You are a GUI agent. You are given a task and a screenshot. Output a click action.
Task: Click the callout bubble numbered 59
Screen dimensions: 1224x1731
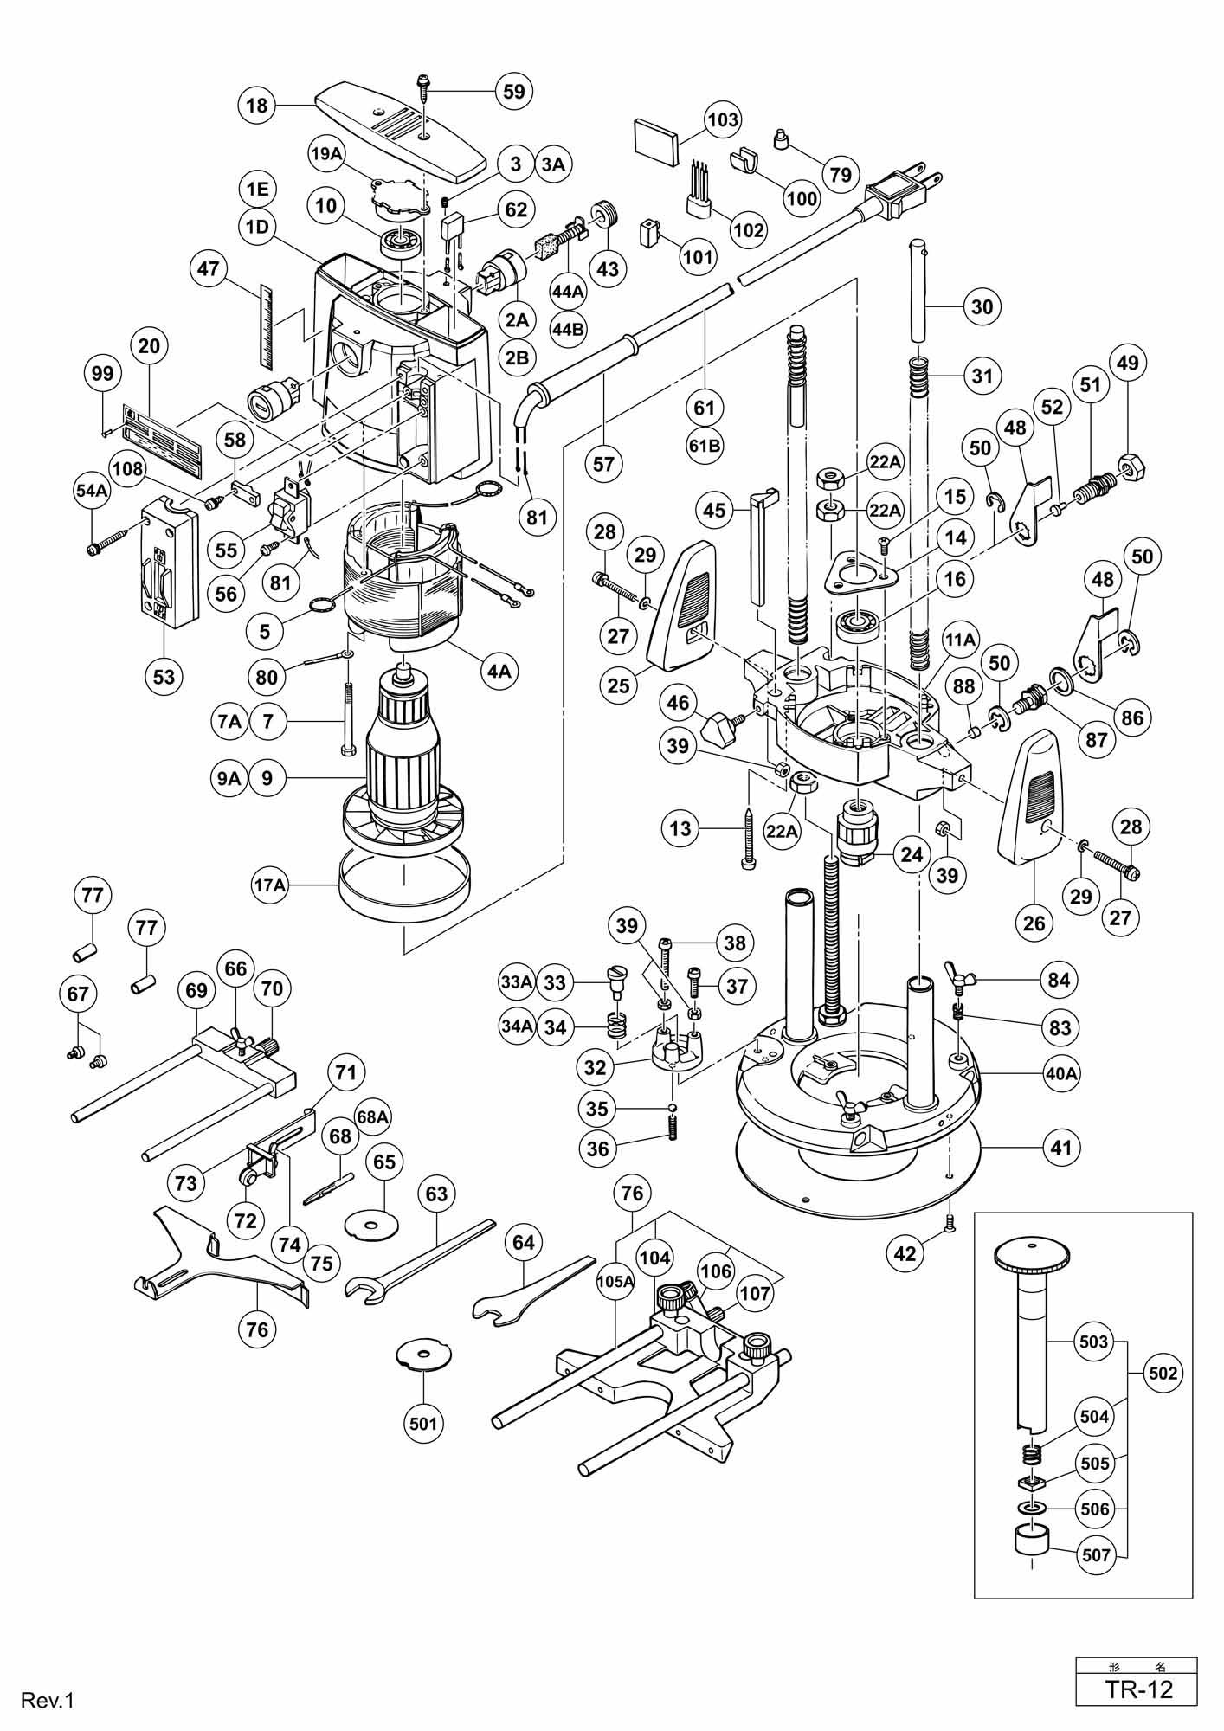pyautogui.click(x=514, y=91)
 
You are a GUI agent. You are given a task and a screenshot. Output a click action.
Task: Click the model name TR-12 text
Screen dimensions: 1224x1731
pyautogui.click(x=1137, y=1689)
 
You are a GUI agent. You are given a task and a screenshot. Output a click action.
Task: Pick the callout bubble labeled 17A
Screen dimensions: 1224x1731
pyautogui.click(x=269, y=885)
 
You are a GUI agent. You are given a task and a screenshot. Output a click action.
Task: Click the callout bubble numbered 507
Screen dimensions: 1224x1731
pyautogui.click(x=1096, y=1555)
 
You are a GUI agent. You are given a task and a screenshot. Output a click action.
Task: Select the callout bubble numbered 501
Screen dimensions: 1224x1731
pyautogui.click(x=424, y=1422)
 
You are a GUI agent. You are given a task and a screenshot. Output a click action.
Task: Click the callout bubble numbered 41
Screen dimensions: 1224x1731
pyautogui.click(x=1061, y=1148)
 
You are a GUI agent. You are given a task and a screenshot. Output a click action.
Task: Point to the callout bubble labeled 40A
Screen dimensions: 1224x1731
pyautogui.click(x=1061, y=1073)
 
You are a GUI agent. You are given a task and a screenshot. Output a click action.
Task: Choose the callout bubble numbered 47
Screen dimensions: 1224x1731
pyautogui.click(x=208, y=268)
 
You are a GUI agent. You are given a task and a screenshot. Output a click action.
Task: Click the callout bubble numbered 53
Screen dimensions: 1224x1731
pyautogui.click(x=164, y=676)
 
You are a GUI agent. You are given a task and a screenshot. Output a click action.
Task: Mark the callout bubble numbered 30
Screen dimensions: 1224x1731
pyautogui.click(x=982, y=306)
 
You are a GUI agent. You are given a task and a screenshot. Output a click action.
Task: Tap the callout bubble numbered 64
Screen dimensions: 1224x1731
pyautogui.click(x=523, y=1242)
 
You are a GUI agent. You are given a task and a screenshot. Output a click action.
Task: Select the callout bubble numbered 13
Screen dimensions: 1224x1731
pyautogui.click(x=680, y=828)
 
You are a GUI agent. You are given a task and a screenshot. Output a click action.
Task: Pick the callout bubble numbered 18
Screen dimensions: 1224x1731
pyautogui.click(x=256, y=106)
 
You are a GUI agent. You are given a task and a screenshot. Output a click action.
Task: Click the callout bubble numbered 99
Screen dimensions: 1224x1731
pyautogui.click(x=103, y=373)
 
